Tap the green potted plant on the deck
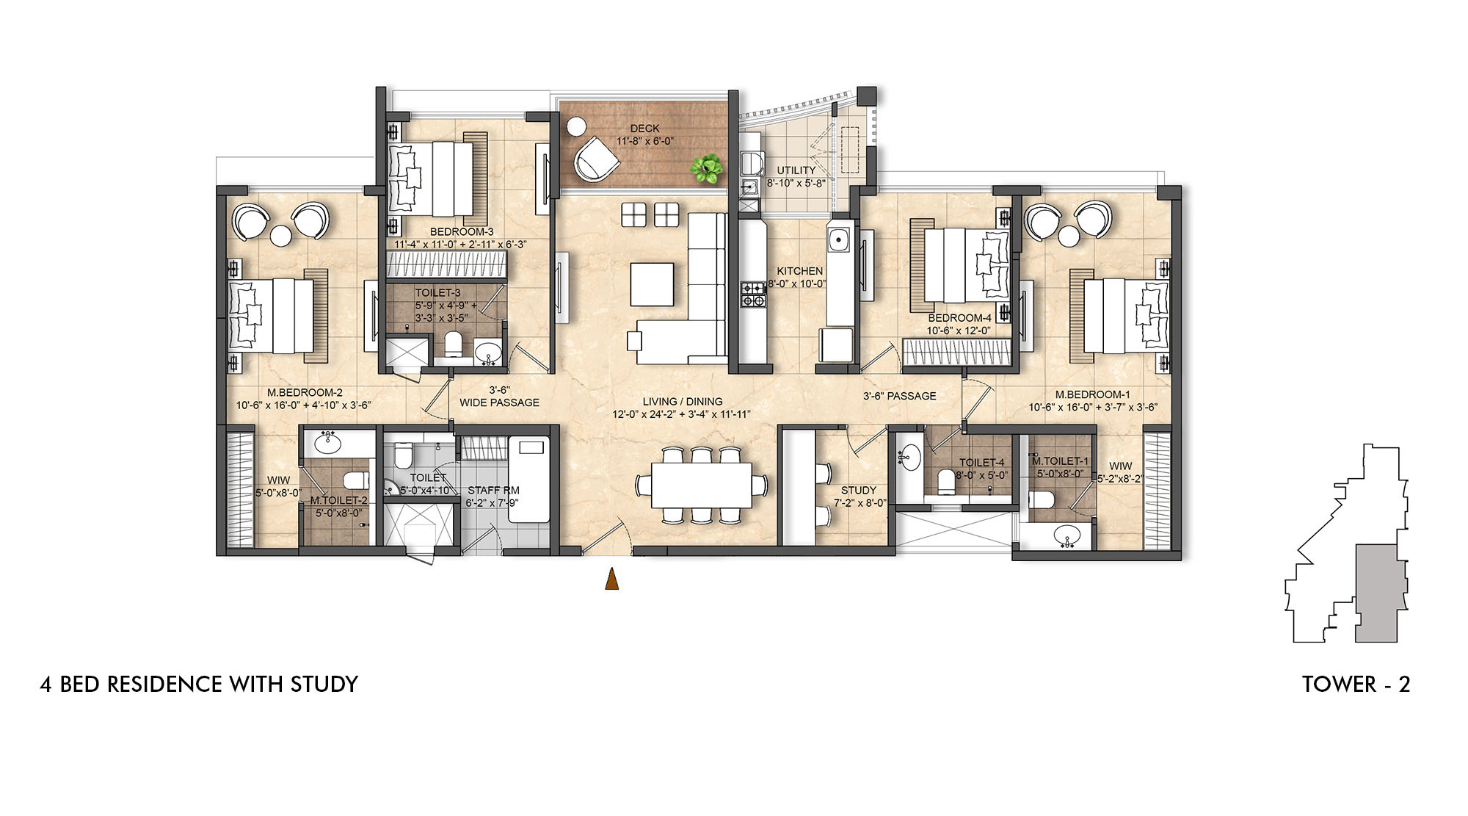click(x=707, y=169)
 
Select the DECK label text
click(x=644, y=129)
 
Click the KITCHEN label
click(x=799, y=271)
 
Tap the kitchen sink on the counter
click(x=837, y=239)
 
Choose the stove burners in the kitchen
click(x=753, y=294)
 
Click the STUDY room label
click(x=859, y=490)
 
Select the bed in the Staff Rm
click(x=529, y=479)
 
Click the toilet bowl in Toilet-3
click(x=453, y=344)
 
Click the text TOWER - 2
click(x=1356, y=684)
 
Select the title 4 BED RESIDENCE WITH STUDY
click(x=199, y=684)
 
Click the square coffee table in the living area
click(x=652, y=284)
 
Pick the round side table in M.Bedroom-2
click(x=281, y=236)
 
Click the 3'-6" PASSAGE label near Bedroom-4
click(x=899, y=396)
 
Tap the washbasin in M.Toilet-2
click(x=327, y=443)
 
